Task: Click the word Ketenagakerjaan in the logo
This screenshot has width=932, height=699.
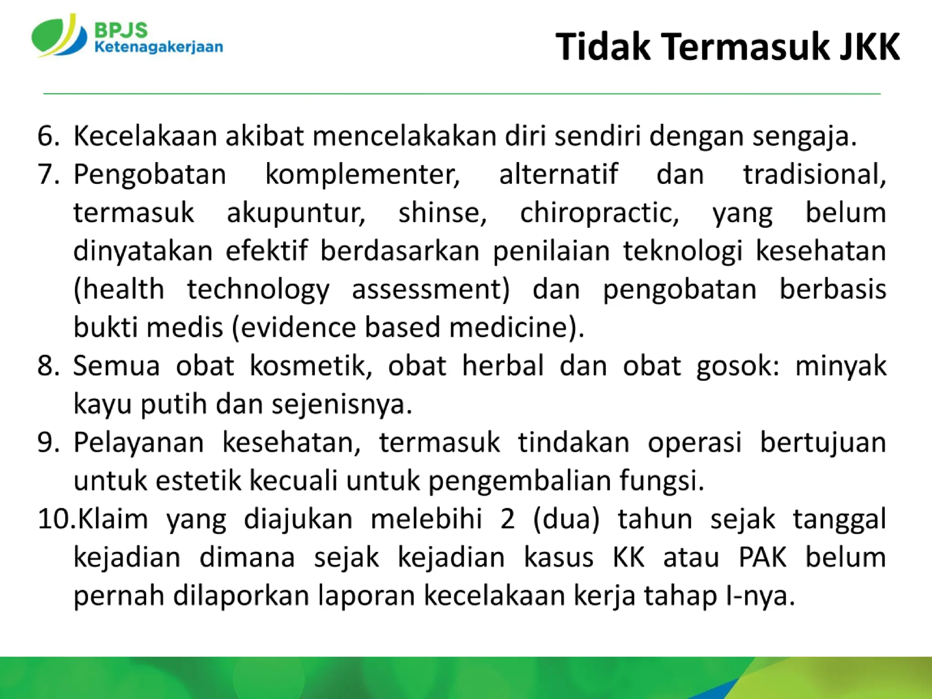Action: (x=158, y=47)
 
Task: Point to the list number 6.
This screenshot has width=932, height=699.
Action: (x=48, y=136)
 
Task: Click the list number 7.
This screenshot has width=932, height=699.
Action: (x=48, y=174)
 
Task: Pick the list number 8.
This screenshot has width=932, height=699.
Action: (x=48, y=366)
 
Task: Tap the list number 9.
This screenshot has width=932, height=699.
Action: (x=48, y=442)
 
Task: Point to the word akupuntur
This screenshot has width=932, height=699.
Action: (x=296, y=213)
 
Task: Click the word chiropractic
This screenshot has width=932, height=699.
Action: (x=599, y=213)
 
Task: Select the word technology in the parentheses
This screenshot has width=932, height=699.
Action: (x=258, y=290)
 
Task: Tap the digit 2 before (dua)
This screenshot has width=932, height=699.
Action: (x=507, y=519)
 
